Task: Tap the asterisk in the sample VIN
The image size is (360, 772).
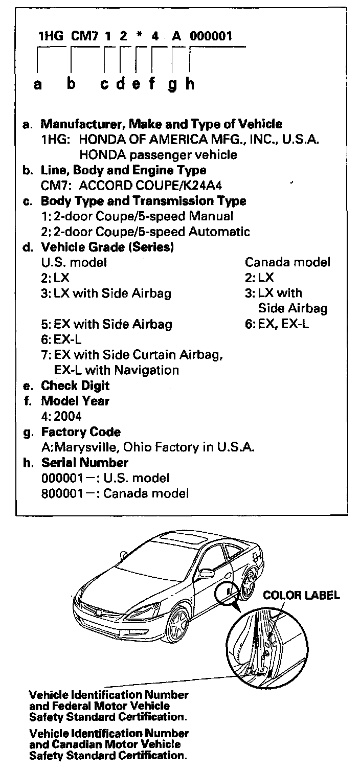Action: [x=137, y=36]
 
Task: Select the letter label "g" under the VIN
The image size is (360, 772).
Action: [x=172, y=84]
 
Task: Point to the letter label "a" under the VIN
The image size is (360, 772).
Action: [x=37, y=84]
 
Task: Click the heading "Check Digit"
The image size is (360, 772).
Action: [x=75, y=385]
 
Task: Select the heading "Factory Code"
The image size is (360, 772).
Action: [x=81, y=432]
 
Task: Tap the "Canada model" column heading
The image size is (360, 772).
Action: [x=287, y=263]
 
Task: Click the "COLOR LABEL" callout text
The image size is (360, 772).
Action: [x=301, y=595]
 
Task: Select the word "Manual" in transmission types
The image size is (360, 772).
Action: [x=212, y=216]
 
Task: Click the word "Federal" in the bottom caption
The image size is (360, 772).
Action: [x=90, y=706]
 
